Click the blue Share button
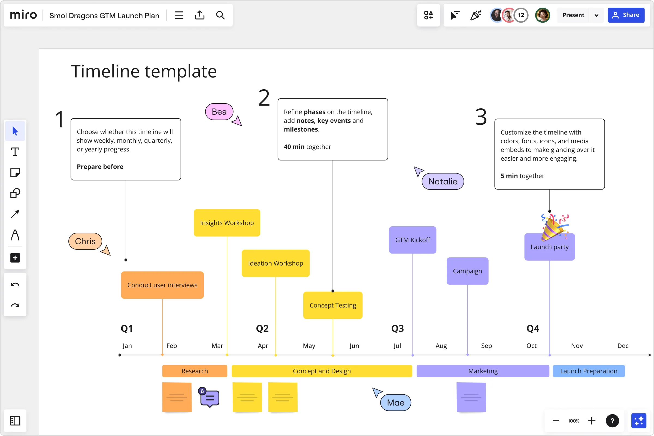point(626,15)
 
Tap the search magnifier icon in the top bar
point(220,15)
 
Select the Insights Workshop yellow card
point(227,223)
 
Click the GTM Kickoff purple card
point(412,240)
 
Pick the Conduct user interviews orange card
point(162,285)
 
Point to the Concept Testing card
point(333,305)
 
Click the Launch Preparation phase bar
point(588,371)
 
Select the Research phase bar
point(195,371)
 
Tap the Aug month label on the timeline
point(441,346)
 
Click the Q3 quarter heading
point(397,329)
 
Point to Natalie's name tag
point(443,182)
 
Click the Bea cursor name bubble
point(219,112)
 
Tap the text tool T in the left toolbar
point(15,152)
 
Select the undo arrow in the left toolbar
point(15,285)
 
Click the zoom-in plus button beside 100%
point(591,421)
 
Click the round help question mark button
point(612,421)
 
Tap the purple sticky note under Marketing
point(471,397)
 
